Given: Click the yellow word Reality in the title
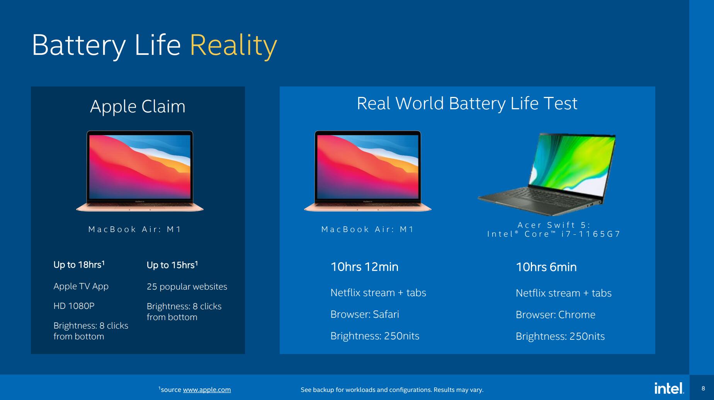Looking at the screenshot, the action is pos(233,46).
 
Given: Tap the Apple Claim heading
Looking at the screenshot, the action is pos(138,106).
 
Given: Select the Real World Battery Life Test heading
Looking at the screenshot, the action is pos(467,103).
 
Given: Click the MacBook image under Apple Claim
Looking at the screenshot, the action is pos(140,171).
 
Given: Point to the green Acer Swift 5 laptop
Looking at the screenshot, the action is pos(547,174).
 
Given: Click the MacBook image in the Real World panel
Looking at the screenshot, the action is pos(368,171).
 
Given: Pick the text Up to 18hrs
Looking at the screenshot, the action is pos(79,264).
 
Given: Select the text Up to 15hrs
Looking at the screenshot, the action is pos(172,265).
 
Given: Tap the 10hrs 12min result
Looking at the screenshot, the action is pos(364,267).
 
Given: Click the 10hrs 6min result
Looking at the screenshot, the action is pos(546,267).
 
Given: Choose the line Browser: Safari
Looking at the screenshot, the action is pos(365,314).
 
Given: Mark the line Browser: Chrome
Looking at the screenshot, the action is pos(556,315).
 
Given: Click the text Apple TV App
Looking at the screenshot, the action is pos(81,286).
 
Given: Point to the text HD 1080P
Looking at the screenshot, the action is pos(74,306).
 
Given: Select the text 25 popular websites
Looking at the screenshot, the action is pos(187,286).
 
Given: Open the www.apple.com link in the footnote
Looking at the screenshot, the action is pos(207,390).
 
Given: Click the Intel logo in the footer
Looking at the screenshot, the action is pos(669,388).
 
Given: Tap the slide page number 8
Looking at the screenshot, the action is pos(703,388).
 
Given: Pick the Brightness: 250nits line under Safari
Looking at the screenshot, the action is pos(375,336).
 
